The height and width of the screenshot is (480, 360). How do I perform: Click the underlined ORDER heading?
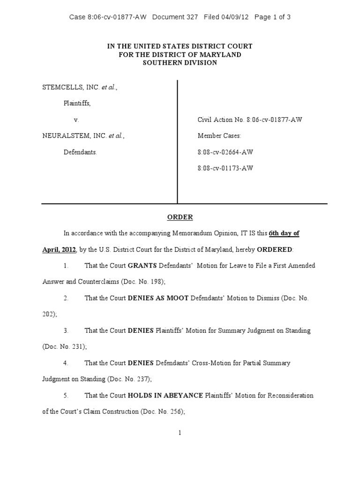click(180, 217)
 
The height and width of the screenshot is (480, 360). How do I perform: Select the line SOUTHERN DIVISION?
click(180, 63)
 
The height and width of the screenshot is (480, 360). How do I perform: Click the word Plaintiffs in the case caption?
click(77, 103)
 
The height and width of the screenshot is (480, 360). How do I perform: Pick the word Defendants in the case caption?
click(80, 152)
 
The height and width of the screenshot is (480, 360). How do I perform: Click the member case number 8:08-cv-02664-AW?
click(225, 152)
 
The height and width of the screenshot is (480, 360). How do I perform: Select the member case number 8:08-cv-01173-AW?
click(225, 168)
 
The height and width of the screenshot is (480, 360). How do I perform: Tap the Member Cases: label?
click(219, 136)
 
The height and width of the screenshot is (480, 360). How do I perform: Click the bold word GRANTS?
click(143, 266)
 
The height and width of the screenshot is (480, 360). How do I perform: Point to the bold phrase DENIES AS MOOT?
click(158, 298)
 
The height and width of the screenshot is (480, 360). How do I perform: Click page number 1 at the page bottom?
click(180, 433)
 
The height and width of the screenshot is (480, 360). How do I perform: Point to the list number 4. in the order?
click(66, 363)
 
